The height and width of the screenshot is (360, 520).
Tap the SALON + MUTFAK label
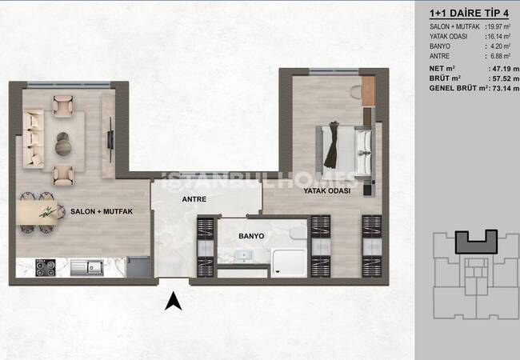pos(101,210)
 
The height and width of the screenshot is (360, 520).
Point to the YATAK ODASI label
pos(327,192)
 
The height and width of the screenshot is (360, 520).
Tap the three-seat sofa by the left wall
pos(33,140)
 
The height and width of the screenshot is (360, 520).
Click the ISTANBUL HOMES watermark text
pos(260,178)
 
